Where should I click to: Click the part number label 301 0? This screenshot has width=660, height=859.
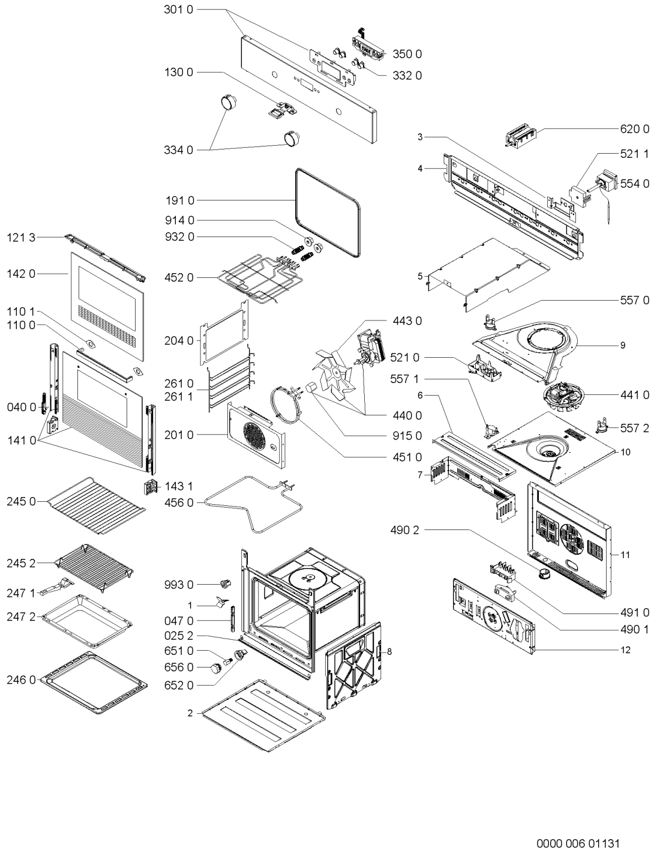pos(179,10)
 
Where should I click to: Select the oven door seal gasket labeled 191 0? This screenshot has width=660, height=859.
pos(328,212)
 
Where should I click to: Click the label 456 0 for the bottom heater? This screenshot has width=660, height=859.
pos(179,503)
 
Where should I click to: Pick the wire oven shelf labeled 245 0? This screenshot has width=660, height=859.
pos(96,505)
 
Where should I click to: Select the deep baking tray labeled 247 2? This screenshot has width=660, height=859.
pos(87,621)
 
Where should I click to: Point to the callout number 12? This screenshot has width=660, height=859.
pos(626,650)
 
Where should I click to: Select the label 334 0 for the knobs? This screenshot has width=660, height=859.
pos(179,150)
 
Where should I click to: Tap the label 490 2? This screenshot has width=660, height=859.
pos(404,530)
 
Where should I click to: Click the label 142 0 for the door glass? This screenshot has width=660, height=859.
pos(21,274)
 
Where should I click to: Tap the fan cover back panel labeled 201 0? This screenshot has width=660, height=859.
pos(256,435)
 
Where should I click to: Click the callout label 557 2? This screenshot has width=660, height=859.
pos(635,428)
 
